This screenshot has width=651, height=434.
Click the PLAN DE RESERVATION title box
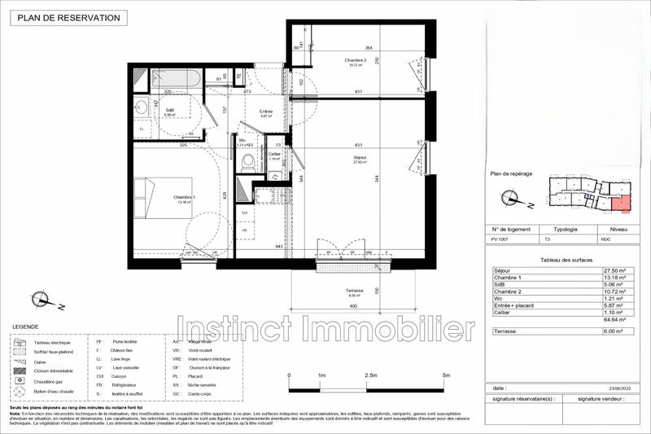63,17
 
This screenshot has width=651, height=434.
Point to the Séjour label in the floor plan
360,158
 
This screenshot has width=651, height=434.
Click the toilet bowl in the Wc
247,163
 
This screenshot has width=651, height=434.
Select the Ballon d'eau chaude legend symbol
20,392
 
